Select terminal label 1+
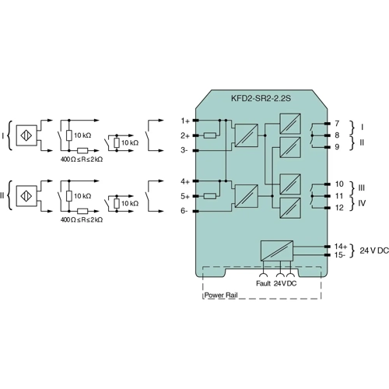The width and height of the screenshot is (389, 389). pyautogui.click(x=184, y=121)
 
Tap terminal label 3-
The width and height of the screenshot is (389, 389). pyautogui.click(x=184, y=149)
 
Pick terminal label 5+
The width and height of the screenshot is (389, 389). pyautogui.click(x=184, y=196)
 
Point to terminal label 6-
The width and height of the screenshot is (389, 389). pyautogui.click(x=184, y=211)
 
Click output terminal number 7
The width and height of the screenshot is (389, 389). pyautogui.click(x=337, y=124)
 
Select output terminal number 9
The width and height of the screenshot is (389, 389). pyautogui.click(x=337, y=147)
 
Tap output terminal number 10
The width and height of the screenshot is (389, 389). pyautogui.click(x=339, y=184)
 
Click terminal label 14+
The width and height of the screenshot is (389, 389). pyautogui.click(x=341, y=245)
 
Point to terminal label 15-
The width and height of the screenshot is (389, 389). pyautogui.click(x=340, y=254)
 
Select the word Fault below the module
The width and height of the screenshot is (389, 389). pyautogui.click(x=263, y=283)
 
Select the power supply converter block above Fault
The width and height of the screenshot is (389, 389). pyautogui.click(x=277, y=249)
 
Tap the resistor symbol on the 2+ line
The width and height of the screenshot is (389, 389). pyautogui.click(x=209, y=135)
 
